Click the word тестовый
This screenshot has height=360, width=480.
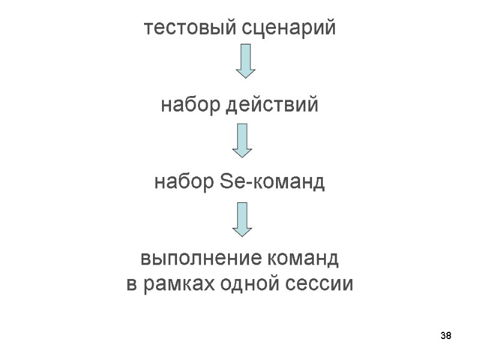click(190, 28)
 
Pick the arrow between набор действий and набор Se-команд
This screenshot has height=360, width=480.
click(241, 140)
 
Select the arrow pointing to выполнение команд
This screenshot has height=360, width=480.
click(241, 218)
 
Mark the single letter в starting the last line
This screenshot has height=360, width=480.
click(131, 284)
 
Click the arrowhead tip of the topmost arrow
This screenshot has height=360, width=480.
click(245, 76)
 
